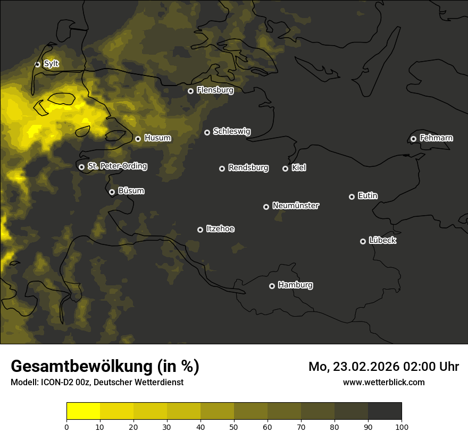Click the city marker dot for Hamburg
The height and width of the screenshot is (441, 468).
tap(272, 286)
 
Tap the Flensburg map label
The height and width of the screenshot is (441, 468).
tap(215, 90)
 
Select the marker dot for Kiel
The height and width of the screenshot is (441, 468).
tap(285, 168)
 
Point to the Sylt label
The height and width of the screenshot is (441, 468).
tap(51, 64)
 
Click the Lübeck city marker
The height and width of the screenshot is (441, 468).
tap(363, 241)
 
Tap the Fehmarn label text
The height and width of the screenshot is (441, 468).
tap(436, 138)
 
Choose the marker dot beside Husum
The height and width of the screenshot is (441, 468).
tap(138, 139)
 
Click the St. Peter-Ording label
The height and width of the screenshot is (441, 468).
tap(117, 166)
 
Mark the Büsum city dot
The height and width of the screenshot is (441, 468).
tap(112, 192)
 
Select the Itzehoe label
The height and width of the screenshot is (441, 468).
tap(220, 229)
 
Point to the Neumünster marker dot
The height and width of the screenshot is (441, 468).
tap(266, 207)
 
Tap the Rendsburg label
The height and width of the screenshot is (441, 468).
tap(248, 168)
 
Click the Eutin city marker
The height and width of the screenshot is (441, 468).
tap(352, 197)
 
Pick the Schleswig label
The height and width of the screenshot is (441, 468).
tap(232, 131)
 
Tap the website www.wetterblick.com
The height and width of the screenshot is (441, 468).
tap(383, 382)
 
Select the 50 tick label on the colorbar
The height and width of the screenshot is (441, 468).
tap(234, 426)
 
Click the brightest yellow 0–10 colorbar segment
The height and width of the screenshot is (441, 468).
tap(83, 411)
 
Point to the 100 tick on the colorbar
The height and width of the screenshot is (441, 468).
tap(402, 426)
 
